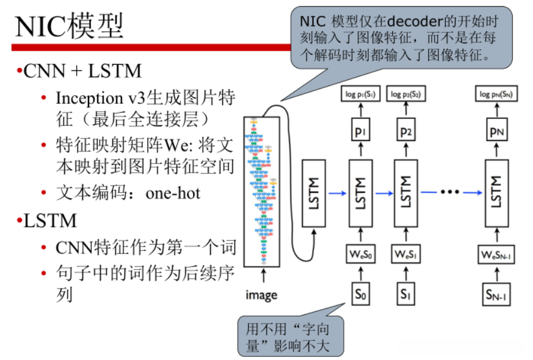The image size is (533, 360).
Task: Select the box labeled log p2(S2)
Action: [406, 95]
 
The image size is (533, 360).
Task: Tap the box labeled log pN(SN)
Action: [496, 95]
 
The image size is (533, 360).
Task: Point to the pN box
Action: [496, 132]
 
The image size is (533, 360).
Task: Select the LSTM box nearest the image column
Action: [315, 193]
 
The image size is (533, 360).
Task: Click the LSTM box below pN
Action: [496, 193]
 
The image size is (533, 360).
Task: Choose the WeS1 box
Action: [406, 253]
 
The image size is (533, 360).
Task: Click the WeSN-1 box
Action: [496, 253]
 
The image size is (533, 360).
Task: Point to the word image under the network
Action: [261, 295]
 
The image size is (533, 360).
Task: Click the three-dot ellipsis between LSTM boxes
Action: [449, 193]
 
